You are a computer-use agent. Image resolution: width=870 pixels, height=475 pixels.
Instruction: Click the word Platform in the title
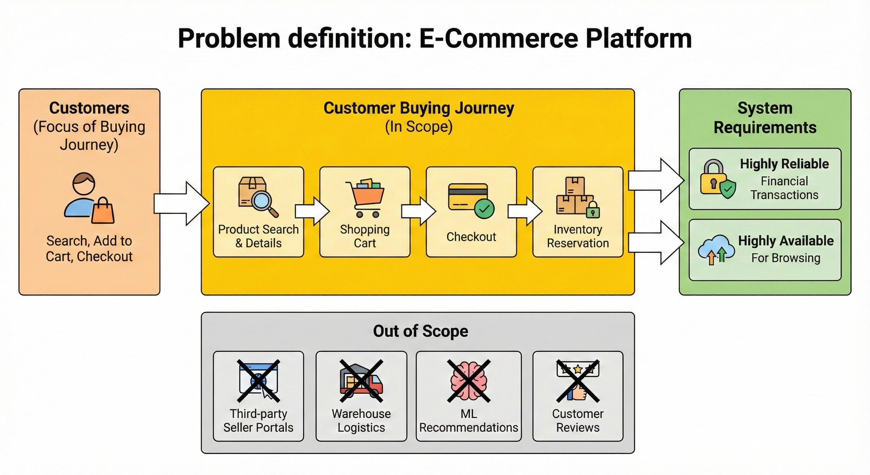[638, 39]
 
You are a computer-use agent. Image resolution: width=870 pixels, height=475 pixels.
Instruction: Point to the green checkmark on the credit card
[484, 209]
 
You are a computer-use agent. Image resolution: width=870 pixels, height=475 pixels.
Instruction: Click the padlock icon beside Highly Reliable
[713, 178]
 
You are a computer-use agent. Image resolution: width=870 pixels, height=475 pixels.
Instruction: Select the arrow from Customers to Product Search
[181, 203]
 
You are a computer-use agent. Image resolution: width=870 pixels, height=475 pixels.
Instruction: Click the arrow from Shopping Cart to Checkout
[418, 211]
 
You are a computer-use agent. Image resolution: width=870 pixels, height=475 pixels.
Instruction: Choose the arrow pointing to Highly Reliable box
[656, 180]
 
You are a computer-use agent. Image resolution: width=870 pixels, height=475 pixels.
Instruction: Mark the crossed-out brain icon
[469, 381]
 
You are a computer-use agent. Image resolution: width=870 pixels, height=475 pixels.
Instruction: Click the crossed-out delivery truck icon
[361, 381]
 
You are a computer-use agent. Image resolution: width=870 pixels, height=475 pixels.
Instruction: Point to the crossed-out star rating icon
[577, 381]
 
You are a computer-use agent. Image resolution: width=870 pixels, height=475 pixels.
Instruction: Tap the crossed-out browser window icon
[258, 381]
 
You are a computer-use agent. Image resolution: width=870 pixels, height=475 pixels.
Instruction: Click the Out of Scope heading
[420, 331]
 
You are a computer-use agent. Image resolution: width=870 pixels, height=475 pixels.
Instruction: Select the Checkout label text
[471, 237]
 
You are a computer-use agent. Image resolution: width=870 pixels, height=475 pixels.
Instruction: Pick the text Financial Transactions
[784, 188]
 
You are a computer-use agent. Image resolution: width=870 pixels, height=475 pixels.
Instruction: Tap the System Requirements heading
[765, 118]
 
